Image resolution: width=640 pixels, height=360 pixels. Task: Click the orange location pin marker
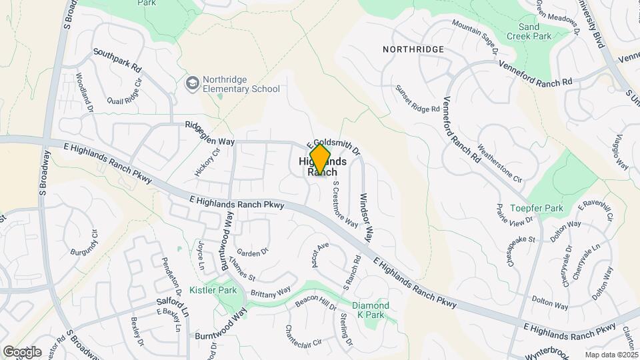click(320, 160)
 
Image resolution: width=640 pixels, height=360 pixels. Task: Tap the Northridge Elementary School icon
click(193, 83)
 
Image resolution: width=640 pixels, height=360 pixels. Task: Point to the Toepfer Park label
click(537, 208)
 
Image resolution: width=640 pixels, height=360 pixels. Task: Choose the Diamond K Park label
click(370, 310)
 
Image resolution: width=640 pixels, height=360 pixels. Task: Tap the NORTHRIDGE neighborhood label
click(413, 49)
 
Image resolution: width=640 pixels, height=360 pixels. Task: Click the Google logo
click(22, 352)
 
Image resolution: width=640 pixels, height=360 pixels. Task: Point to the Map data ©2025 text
click(612, 355)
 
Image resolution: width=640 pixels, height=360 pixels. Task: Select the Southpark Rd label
click(117, 60)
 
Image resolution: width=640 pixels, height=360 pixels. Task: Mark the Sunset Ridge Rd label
click(418, 98)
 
